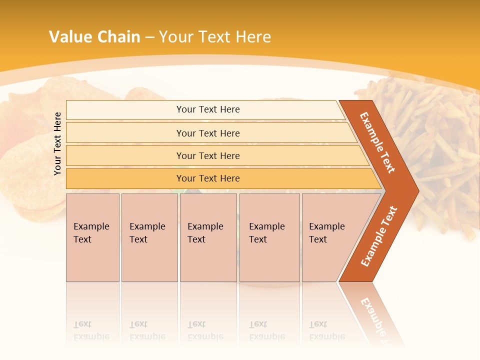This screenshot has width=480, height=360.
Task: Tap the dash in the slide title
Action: click(149, 37)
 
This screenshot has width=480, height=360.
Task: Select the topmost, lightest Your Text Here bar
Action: click(207, 109)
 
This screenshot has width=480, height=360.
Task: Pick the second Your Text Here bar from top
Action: click(207, 133)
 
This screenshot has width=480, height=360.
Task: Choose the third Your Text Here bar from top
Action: click(207, 156)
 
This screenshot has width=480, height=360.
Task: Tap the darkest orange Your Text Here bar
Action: click(207, 178)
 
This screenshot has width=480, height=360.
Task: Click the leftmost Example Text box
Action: click(92, 237)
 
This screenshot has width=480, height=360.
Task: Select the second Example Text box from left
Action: click(149, 237)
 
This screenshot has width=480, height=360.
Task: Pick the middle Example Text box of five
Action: click(208, 237)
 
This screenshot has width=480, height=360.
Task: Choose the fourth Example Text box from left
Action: click(269, 237)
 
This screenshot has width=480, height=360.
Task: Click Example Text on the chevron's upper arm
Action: click(377, 142)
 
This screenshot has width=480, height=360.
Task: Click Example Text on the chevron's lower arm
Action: click(379, 236)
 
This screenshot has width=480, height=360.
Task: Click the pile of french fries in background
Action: click(440, 150)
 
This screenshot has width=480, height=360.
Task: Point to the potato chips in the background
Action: click(25, 165)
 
